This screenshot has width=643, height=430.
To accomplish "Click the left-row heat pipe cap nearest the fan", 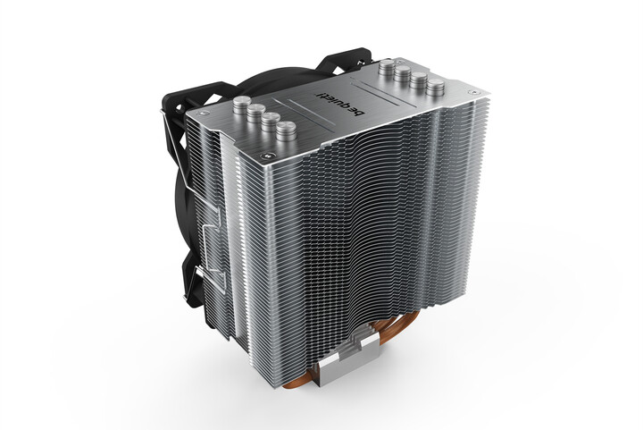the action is (242, 105).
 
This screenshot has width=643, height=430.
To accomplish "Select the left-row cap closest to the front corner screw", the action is (286, 131).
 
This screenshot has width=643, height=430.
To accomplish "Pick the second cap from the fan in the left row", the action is (256, 113).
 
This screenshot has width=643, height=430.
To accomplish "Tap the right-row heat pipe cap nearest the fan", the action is (387, 67).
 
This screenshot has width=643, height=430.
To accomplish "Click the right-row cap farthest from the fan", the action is (436, 88).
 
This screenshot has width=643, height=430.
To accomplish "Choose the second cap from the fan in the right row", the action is (403, 74).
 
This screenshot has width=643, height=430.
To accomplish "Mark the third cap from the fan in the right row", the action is (419, 80).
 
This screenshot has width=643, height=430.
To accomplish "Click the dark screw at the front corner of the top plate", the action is (267, 156).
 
